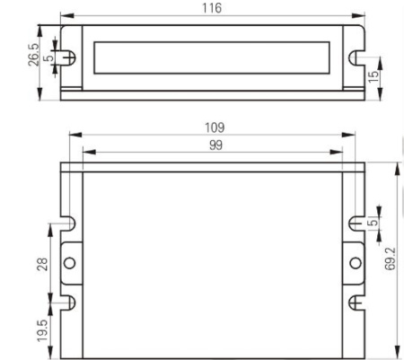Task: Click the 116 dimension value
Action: point(213,8)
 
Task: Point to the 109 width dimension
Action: point(214,127)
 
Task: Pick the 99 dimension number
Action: point(215,145)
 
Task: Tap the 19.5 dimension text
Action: point(40,334)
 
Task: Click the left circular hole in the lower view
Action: point(69,263)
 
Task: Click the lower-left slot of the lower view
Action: point(67,303)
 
